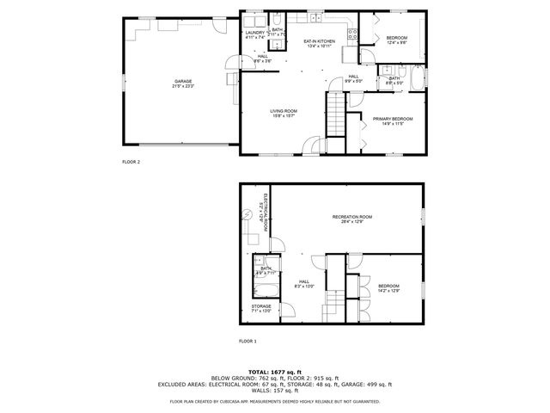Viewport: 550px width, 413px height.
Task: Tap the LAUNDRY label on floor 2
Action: (255, 33)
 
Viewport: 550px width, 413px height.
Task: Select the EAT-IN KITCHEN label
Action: (319, 40)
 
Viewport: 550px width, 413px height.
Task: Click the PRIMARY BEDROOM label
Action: (393, 118)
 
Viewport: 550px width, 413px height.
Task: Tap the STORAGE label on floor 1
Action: (261, 305)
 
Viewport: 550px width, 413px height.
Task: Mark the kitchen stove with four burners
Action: (351, 34)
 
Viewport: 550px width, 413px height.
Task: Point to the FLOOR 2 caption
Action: (131, 161)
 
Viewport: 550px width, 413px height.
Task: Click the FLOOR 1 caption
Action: (247, 342)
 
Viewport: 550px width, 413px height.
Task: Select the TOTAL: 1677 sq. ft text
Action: (274, 371)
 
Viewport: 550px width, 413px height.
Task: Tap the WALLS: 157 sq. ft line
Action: (275, 391)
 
